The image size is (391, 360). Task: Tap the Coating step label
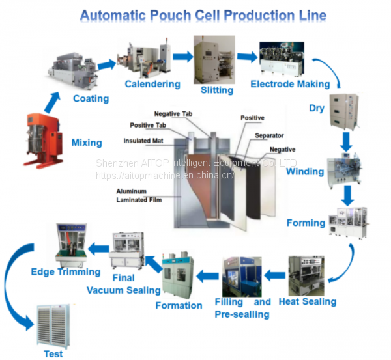point(91,99)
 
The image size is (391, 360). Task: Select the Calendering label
point(152,84)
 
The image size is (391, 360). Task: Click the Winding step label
point(305,172)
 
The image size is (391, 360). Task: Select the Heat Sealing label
point(308,301)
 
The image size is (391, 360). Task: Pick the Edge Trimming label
point(66,272)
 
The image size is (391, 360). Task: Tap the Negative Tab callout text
point(176,114)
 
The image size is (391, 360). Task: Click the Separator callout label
point(268,135)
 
